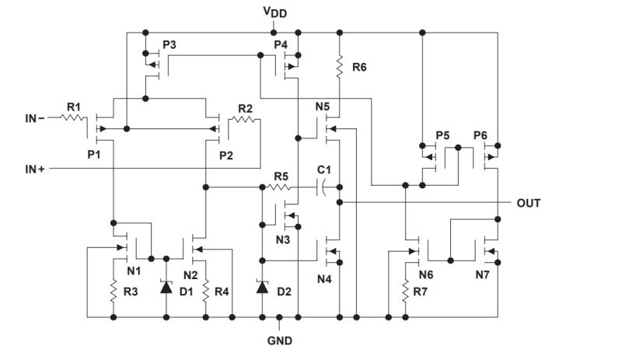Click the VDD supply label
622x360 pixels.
pyautogui.click(x=273, y=13)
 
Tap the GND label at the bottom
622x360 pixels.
pyautogui.click(x=281, y=341)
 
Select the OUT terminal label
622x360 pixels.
pyautogui.click(x=529, y=203)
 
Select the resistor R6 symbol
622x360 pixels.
pyautogui.click(x=339, y=68)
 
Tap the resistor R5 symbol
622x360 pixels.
pyautogui.click(x=280, y=187)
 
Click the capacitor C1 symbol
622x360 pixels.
pyautogui.click(x=325, y=187)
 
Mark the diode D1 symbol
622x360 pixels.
pyautogui.click(x=166, y=287)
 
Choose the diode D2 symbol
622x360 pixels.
pyautogui.click(x=262, y=287)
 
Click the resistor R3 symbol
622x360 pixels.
pyautogui.click(x=114, y=292)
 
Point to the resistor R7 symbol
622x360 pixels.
pyautogui.click(x=405, y=292)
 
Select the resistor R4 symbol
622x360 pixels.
pyautogui.click(x=205, y=292)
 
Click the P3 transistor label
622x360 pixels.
pyautogui.click(x=169, y=45)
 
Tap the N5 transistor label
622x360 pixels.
pyautogui.click(x=322, y=107)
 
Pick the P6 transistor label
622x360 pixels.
pyautogui.click(x=480, y=135)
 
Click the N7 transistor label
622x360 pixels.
pyautogui.click(x=484, y=274)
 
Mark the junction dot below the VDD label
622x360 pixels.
pyautogui.click(x=273, y=33)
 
